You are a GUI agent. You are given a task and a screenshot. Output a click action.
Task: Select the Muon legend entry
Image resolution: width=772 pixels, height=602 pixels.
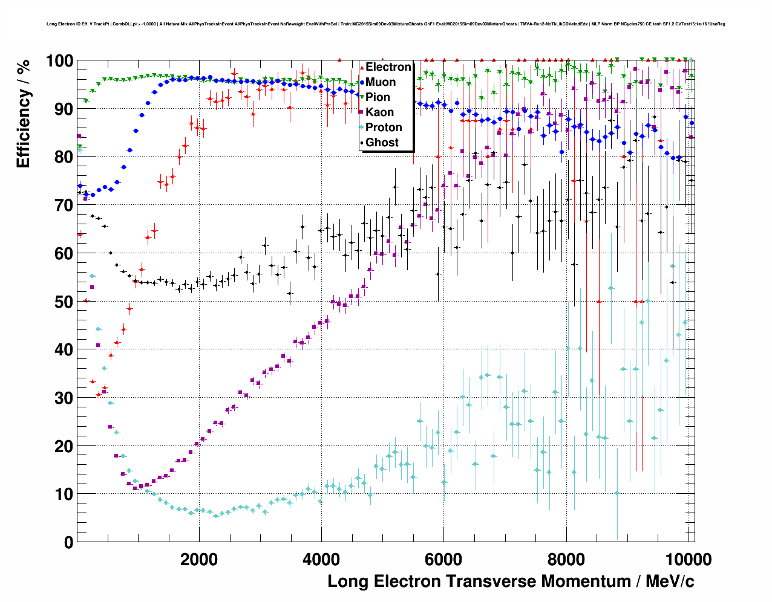tap(381, 82)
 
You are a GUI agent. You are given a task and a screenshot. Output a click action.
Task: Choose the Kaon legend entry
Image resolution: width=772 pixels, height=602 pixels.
tap(379, 112)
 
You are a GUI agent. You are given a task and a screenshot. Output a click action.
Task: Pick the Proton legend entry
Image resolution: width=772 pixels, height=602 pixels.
tap(384, 128)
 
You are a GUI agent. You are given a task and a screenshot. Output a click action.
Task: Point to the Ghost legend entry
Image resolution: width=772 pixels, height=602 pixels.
tap(382, 143)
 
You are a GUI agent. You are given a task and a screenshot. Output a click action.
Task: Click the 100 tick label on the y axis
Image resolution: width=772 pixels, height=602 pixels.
tap(59, 61)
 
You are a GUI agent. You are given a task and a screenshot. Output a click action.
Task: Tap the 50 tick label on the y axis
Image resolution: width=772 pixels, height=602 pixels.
tap(64, 302)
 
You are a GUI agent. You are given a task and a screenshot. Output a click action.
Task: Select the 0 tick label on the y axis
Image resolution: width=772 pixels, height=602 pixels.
tap(68, 542)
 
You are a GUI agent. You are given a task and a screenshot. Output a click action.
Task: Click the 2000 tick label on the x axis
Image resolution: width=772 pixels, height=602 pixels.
tap(199, 560)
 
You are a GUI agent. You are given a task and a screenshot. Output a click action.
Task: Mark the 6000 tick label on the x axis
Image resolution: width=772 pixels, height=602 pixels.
tap(443, 560)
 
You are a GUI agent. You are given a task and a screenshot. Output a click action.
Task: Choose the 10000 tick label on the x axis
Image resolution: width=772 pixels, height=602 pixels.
tap(689, 560)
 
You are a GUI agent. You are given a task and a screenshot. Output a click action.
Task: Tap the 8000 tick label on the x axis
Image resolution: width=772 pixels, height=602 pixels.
tap(566, 560)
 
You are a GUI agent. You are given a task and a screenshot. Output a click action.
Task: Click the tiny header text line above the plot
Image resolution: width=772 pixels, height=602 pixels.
tap(385, 24)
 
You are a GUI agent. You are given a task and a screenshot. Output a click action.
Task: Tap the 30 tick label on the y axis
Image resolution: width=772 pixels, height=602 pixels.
tap(64, 398)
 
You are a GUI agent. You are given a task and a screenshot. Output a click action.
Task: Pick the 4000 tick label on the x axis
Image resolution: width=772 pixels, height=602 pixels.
tap(321, 560)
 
